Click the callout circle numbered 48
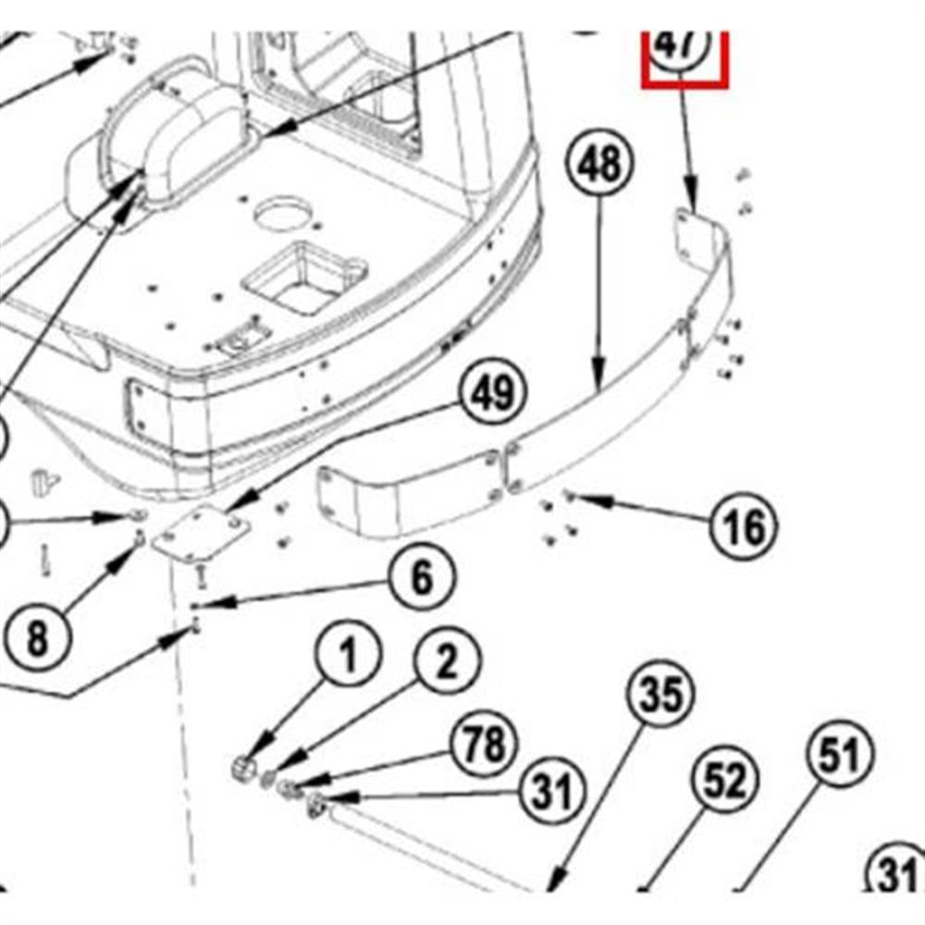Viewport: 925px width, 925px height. pos(599,166)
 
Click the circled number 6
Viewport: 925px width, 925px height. pos(421,579)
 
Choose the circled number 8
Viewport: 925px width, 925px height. pos(36,639)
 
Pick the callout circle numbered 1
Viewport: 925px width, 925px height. pos(349,658)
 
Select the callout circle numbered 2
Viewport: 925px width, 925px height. pos(447,662)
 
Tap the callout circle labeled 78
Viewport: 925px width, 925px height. pos(486,745)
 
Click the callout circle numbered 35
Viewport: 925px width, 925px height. pos(662,695)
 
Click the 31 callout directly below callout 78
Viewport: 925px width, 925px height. pos(552,792)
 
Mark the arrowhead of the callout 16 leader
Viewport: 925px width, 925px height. pos(574,499)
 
